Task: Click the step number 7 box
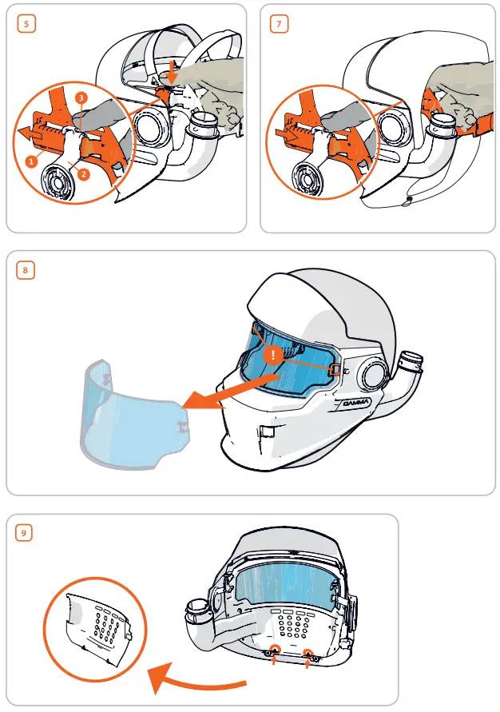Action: click(x=279, y=24)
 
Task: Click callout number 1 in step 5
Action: click(x=31, y=161)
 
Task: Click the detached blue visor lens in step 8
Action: click(x=132, y=416)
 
